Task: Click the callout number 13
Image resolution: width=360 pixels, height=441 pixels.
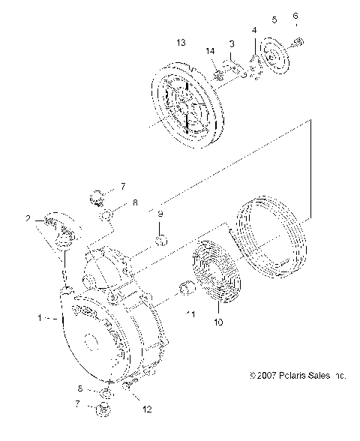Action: (180, 43)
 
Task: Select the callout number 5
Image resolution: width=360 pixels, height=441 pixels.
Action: (274, 19)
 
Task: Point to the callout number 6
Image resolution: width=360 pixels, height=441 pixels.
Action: (295, 15)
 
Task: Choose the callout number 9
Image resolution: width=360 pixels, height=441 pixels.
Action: (160, 213)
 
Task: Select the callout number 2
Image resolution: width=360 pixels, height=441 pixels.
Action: (28, 220)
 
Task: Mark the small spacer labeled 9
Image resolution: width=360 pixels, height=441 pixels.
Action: (160, 240)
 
